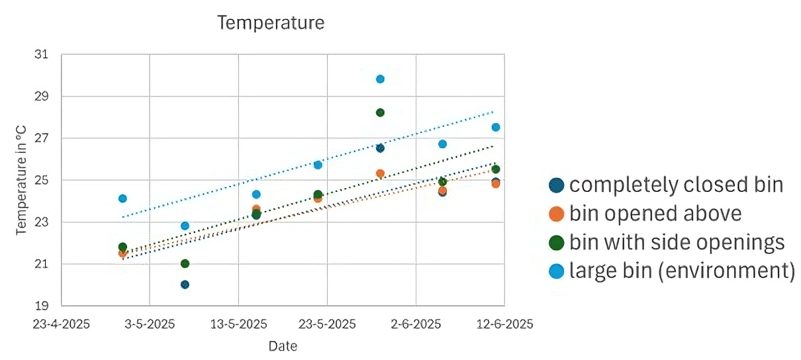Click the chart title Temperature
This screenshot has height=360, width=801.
(x=271, y=23)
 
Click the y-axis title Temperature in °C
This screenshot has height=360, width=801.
(x=22, y=180)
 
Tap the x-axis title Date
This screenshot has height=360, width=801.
(x=283, y=346)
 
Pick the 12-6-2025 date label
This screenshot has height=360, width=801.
(x=504, y=324)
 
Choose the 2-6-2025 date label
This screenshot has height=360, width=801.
(x=415, y=324)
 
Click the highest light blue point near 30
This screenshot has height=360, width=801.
(x=380, y=79)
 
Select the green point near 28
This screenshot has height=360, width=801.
(x=380, y=112)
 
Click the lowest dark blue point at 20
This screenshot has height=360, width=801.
(x=185, y=285)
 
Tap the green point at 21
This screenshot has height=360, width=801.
(x=185, y=263)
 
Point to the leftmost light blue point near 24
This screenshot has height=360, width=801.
(x=122, y=199)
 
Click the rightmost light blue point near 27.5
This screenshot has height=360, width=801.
(x=495, y=127)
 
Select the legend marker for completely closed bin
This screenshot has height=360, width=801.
(x=557, y=185)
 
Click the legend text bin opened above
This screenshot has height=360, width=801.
(x=655, y=214)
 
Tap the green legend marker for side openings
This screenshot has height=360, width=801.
(x=557, y=243)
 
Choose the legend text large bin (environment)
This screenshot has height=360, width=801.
(x=682, y=271)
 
